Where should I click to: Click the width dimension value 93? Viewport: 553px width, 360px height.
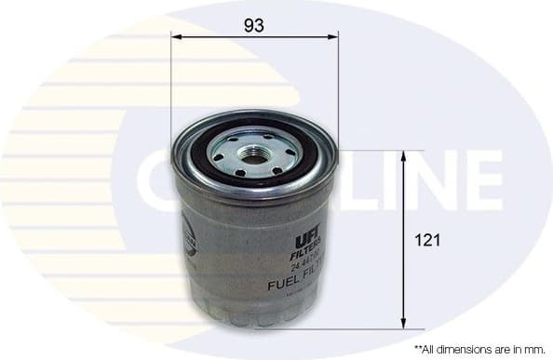(x=253, y=26)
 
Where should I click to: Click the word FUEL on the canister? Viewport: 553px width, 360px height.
(x=283, y=286)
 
